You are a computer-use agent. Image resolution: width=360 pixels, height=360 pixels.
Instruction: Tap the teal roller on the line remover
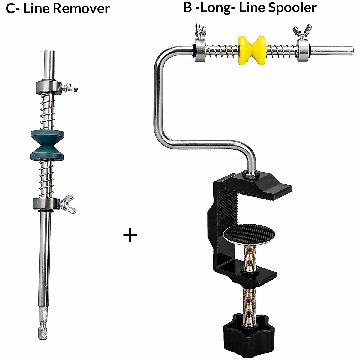tap(47, 145)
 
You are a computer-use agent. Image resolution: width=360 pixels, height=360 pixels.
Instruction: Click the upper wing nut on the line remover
tap(70, 88)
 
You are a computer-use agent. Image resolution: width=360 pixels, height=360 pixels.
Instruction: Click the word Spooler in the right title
tap(292, 7)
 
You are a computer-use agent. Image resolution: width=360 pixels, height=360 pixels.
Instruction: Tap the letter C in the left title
tap(10, 8)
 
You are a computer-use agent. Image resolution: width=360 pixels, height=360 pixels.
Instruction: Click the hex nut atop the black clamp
tap(250, 174)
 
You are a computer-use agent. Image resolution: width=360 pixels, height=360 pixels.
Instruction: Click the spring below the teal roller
tap(47, 178)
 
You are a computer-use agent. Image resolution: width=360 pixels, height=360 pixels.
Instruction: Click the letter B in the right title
tap(187, 7)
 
